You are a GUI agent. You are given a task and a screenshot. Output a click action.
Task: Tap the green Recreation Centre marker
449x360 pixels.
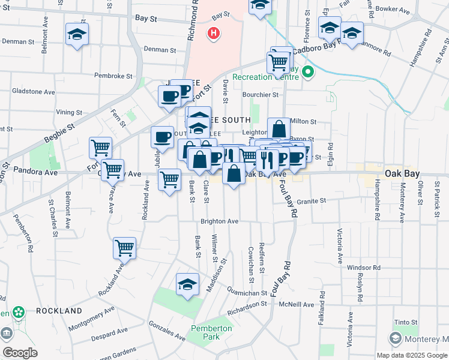308,74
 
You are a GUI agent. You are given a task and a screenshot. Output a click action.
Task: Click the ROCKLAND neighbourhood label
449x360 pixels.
59,311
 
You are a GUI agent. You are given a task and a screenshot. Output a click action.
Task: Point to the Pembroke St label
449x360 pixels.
113,76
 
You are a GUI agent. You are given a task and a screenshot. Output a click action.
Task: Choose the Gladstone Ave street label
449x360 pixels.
34,92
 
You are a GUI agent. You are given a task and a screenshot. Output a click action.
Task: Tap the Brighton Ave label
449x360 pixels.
220,221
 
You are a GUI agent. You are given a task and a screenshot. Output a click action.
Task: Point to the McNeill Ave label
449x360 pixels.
297,305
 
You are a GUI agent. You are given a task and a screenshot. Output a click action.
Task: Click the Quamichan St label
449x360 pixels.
247,293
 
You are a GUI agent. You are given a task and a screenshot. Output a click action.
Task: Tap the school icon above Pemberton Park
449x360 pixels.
187,285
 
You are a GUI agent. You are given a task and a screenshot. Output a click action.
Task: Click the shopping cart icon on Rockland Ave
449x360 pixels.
124,247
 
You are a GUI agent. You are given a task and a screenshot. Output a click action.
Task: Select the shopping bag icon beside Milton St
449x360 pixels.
279,128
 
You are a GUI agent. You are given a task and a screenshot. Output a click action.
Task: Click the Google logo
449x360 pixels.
20,353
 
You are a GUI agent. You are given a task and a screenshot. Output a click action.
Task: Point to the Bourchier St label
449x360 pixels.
261,95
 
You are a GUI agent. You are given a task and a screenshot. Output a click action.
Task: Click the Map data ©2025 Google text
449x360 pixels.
411,355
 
